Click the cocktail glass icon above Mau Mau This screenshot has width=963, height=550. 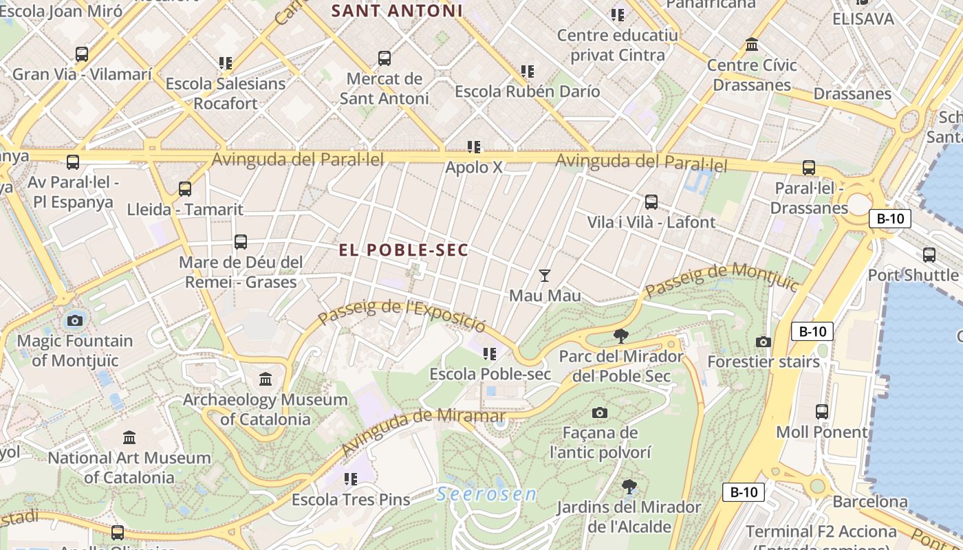(x=545, y=276)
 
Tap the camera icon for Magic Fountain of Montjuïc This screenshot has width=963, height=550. (x=75, y=320)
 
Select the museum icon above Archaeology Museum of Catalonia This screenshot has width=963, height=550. (x=266, y=379)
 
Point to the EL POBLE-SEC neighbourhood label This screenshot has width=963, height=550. (x=404, y=250)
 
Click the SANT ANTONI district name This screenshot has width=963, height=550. (x=397, y=11)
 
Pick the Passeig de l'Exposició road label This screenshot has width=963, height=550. (x=402, y=315)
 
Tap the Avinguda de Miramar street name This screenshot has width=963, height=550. (x=423, y=431)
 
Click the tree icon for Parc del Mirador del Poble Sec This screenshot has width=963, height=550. (x=621, y=336)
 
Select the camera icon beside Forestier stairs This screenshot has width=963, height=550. (x=763, y=342)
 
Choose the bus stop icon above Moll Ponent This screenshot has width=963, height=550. (x=822, y=412)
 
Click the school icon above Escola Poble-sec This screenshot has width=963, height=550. (x=490, y=354)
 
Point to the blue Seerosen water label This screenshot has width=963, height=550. (x=486, y=494)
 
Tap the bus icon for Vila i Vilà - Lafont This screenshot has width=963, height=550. (x=651, y=202)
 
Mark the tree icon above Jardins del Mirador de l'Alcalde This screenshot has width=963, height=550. (x=629, y=487)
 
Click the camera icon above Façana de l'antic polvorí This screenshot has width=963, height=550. (x=600, y=412)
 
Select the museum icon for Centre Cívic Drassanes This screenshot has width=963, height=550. (x=752, y=45)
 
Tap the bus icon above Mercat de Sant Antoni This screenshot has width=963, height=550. (x=385, y=58)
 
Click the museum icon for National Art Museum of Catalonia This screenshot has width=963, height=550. (x=129, y=437)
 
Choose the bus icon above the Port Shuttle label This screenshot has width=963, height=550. (x=929, y=255)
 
